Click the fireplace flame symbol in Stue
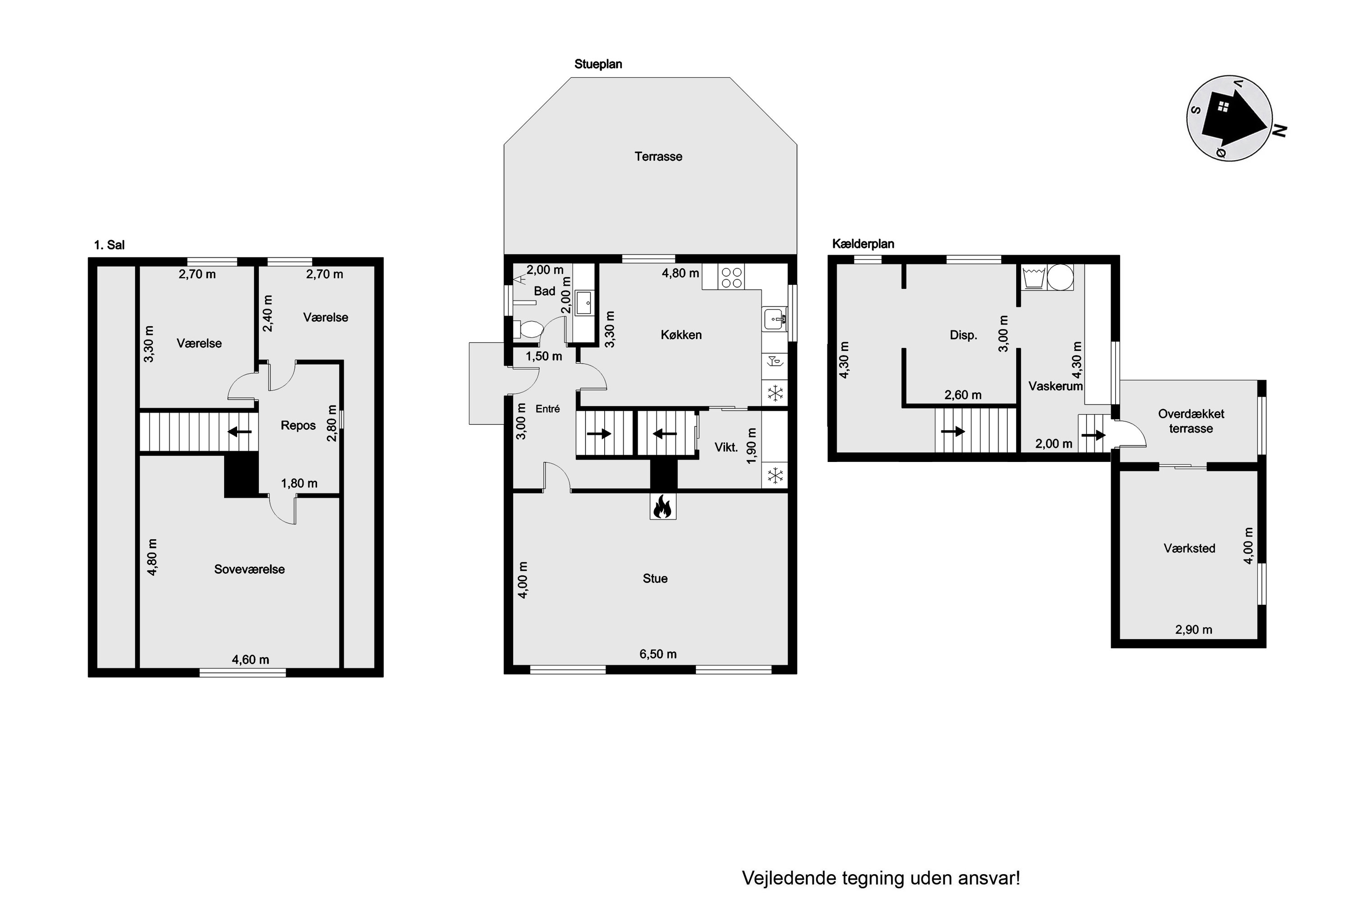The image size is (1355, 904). click(x=663, y=507)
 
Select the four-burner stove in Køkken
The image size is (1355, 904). click(x=732, y=277)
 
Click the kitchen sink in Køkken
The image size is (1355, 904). click(x=776, y=319)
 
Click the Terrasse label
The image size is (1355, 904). click(x=659, y=157)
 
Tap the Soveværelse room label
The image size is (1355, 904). click(x=249, y=570)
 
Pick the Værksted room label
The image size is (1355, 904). click(x=1190, y=548)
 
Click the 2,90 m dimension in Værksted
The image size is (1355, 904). click(x=1194, y=630)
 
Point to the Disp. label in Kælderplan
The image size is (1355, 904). click(x=963, y=335)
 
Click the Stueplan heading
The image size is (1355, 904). click(x=598, y=65)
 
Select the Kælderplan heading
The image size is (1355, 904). click(x=863, y=244)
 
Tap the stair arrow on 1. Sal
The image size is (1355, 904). click(x=240, y=431)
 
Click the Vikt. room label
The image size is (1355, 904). click(x=726, y=447)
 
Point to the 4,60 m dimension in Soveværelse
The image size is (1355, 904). click(x=251, y=659)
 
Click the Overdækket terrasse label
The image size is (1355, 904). click(x=1191, y=421)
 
